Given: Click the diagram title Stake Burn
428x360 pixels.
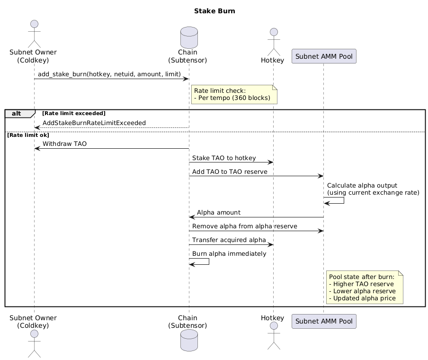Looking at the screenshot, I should (214, 11).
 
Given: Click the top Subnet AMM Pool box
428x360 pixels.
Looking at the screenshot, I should (324, 56).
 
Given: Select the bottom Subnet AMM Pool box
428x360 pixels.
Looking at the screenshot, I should (324, 322).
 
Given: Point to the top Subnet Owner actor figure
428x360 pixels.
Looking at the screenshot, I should (34, 32).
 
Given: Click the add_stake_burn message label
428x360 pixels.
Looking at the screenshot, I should (109, 75).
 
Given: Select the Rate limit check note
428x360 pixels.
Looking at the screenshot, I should (234, 94).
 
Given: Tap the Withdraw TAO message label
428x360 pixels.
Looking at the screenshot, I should (64, 144).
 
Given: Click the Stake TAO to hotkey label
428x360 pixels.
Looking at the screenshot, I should (224, 158).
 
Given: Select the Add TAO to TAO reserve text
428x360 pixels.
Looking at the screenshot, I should (230, 171).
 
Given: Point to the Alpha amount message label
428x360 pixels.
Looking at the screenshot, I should (218, 213).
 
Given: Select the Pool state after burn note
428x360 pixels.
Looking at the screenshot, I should (364, 287).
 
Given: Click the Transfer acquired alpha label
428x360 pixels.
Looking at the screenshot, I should (229, 240).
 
